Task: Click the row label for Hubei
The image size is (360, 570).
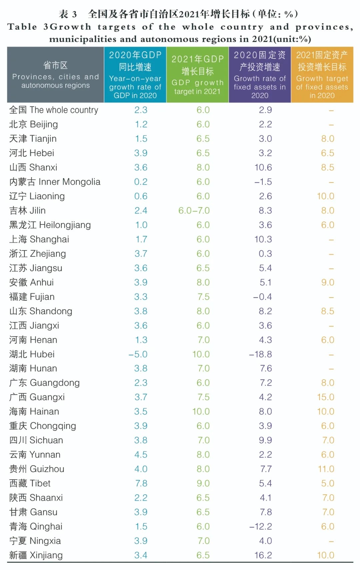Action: [32, 354]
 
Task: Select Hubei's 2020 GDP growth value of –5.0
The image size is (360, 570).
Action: [138, 354]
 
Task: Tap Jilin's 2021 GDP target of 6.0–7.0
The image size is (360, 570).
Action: [194, 210]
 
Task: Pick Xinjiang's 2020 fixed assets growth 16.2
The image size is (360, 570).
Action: [263, 555]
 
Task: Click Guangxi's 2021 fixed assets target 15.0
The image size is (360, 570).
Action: [325, 397]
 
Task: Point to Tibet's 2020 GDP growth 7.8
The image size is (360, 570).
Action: [141, 483]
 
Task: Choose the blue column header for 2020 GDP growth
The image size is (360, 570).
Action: [135, 75]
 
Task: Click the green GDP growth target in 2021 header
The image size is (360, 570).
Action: [197, 75]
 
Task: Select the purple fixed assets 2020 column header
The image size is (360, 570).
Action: [260, 75]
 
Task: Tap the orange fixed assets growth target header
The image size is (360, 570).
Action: [322, 75]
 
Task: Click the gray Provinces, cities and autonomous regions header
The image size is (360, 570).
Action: [55, 75]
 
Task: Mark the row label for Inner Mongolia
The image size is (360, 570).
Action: [55, 182]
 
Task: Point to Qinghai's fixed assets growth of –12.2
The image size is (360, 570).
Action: [261, 526]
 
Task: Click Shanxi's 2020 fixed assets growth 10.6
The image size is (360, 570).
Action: [263, 167]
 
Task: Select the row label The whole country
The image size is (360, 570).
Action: [54, 110]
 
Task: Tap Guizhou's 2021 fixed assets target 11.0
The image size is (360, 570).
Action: [326, 469]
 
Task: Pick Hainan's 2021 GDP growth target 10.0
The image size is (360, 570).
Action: [201, 411]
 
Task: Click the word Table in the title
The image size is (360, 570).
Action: [22, 27]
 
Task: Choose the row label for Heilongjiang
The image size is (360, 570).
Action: [50, 225]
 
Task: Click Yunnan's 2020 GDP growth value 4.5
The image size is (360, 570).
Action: [141, 455]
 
